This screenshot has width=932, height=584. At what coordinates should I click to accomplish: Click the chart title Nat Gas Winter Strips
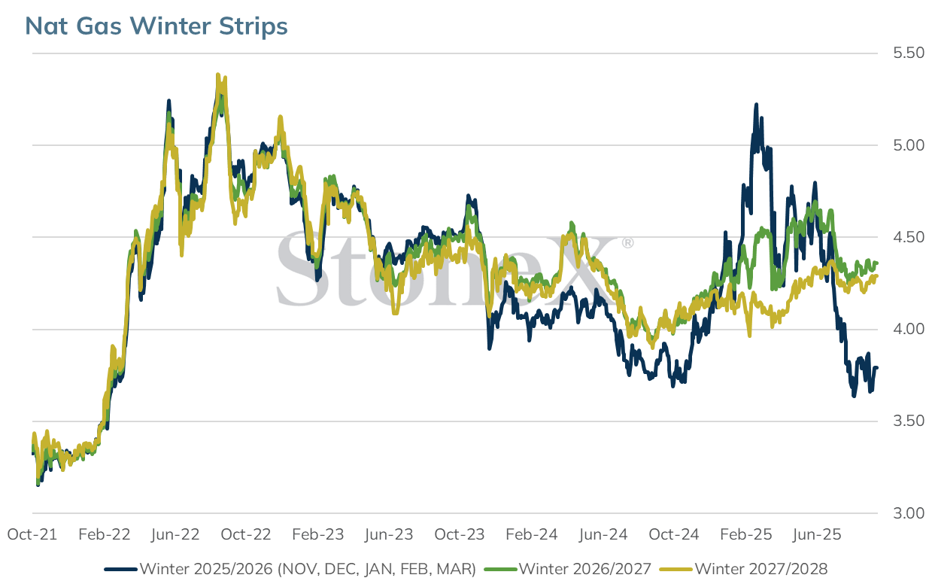tap(156, 26)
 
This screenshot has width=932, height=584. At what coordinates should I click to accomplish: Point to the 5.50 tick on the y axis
tap(908, 53)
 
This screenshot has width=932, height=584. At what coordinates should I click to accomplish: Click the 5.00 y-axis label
tap(908, 145)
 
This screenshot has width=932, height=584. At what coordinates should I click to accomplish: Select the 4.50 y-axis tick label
tap(908, 237)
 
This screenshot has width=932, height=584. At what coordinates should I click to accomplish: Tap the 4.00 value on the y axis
tap(908, 330)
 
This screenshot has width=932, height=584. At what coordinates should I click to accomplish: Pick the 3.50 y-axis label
tap(908, 421)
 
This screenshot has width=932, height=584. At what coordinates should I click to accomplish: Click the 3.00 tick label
tap(908, 513)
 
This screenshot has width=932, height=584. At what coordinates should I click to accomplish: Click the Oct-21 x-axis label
tap(32, 534)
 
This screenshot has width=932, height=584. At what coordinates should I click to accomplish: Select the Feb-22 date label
tap(104, 534)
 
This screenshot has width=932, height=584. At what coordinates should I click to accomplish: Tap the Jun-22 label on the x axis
tap(175, 534)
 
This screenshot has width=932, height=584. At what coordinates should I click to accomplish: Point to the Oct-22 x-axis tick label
tap(245, 534)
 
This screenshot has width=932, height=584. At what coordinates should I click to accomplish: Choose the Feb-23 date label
tap(318, 534)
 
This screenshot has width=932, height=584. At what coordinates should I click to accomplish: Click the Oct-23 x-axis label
tap(460, 534)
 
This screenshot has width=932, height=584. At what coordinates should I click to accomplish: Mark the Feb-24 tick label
tap(531, 534)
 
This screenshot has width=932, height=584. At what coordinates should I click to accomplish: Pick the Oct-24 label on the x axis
tap(674, 534)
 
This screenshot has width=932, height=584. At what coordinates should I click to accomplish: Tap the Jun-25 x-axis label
tap(817, 534)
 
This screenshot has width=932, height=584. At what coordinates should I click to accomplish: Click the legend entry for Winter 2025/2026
tap(290, 569)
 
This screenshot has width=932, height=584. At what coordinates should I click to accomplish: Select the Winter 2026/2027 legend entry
tap(568, 569)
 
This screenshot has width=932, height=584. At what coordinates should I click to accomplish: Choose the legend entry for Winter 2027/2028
tap(744, 569)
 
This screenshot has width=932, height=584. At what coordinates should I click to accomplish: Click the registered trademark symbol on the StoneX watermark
tap(628, 242)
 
